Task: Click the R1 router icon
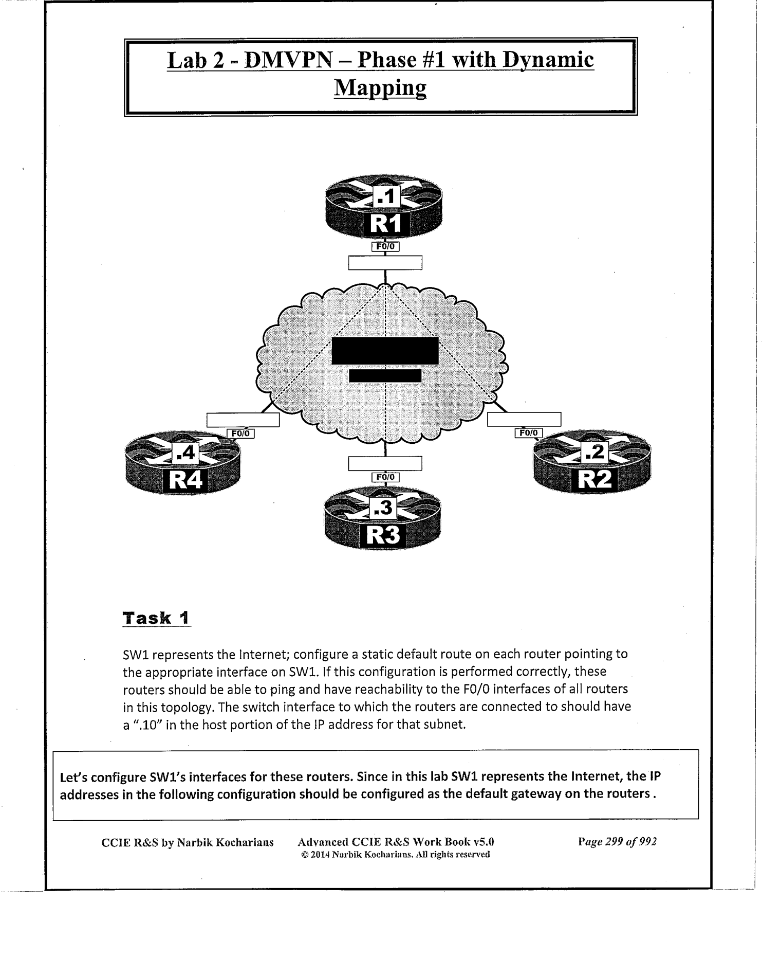click(384, 208)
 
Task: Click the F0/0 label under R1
click(385, 247)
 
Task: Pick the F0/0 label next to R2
click(528, 433)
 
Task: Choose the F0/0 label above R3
click(385, 477)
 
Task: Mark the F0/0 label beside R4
click(240, 434)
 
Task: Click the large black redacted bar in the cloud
click(385, 351)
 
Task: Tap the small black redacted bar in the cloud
click(385, 375)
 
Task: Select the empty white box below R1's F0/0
click(385, 263)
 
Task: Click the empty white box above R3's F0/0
click(385, 463)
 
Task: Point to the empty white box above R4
click(243, 420)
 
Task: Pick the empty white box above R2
click(524, 419)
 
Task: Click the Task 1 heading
click(156, 618)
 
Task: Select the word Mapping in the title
click(380, 88)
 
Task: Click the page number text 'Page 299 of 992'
click(617, 842)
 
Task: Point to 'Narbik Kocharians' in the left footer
click(225, 842)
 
